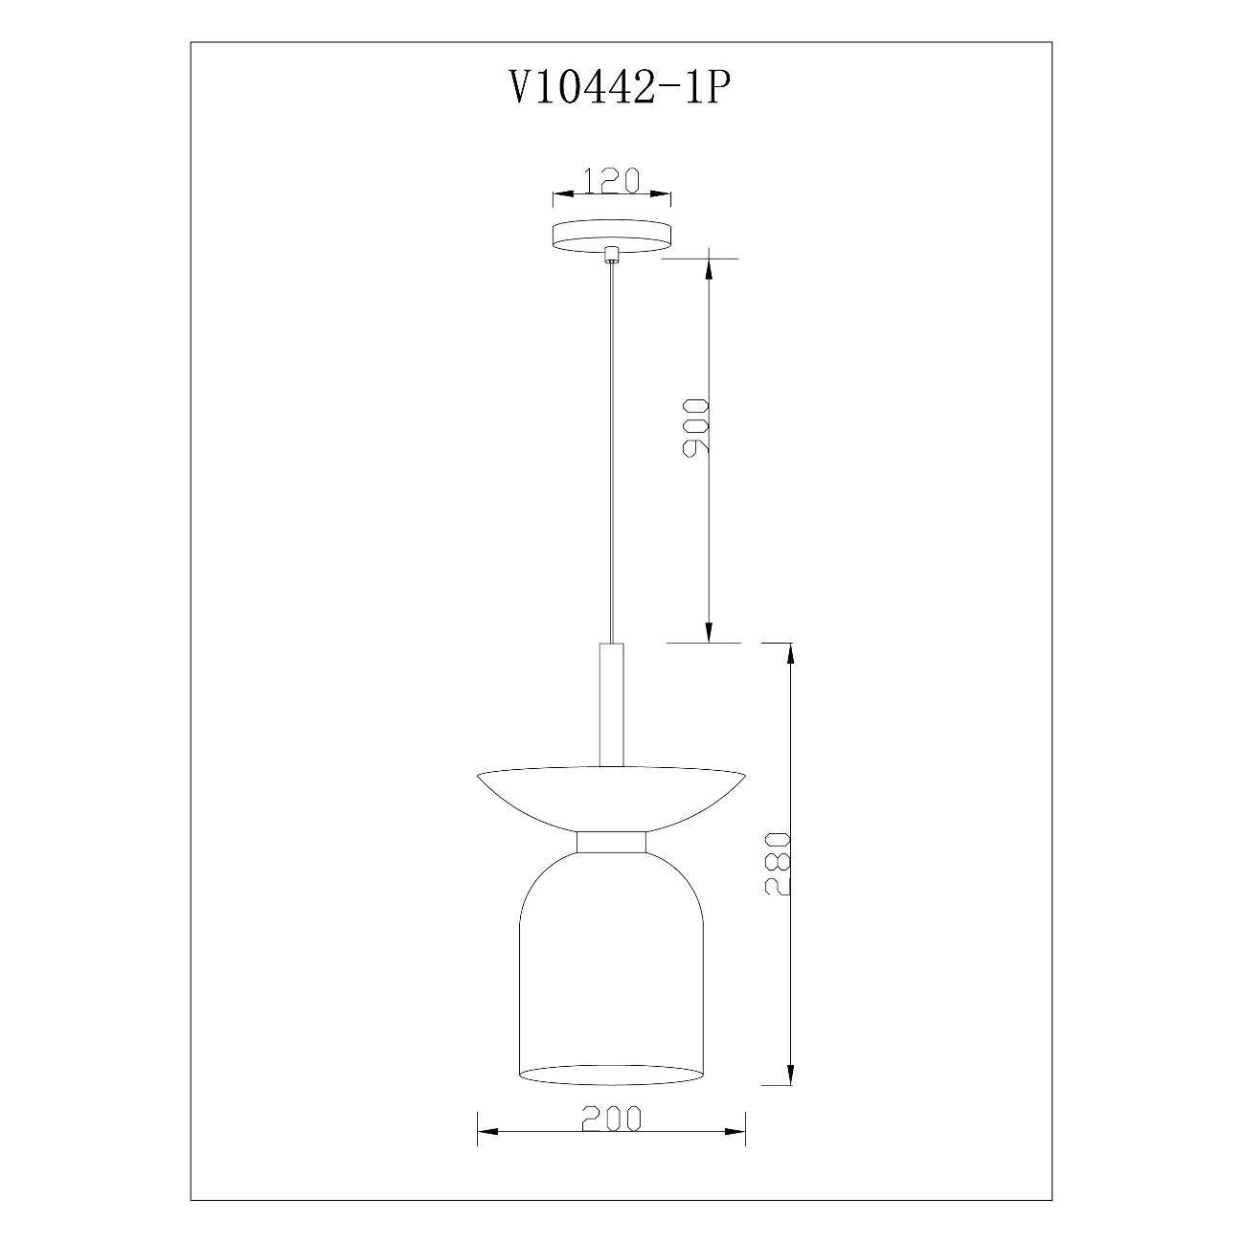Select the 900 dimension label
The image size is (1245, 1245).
coord(696,428)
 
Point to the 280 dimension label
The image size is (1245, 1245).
coord(778,863)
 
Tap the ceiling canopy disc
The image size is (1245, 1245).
coord(611,238)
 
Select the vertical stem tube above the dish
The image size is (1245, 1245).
coord(611,706)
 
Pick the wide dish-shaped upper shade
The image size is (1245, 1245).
coord(611,799)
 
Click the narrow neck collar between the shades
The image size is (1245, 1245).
coord(611,843)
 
